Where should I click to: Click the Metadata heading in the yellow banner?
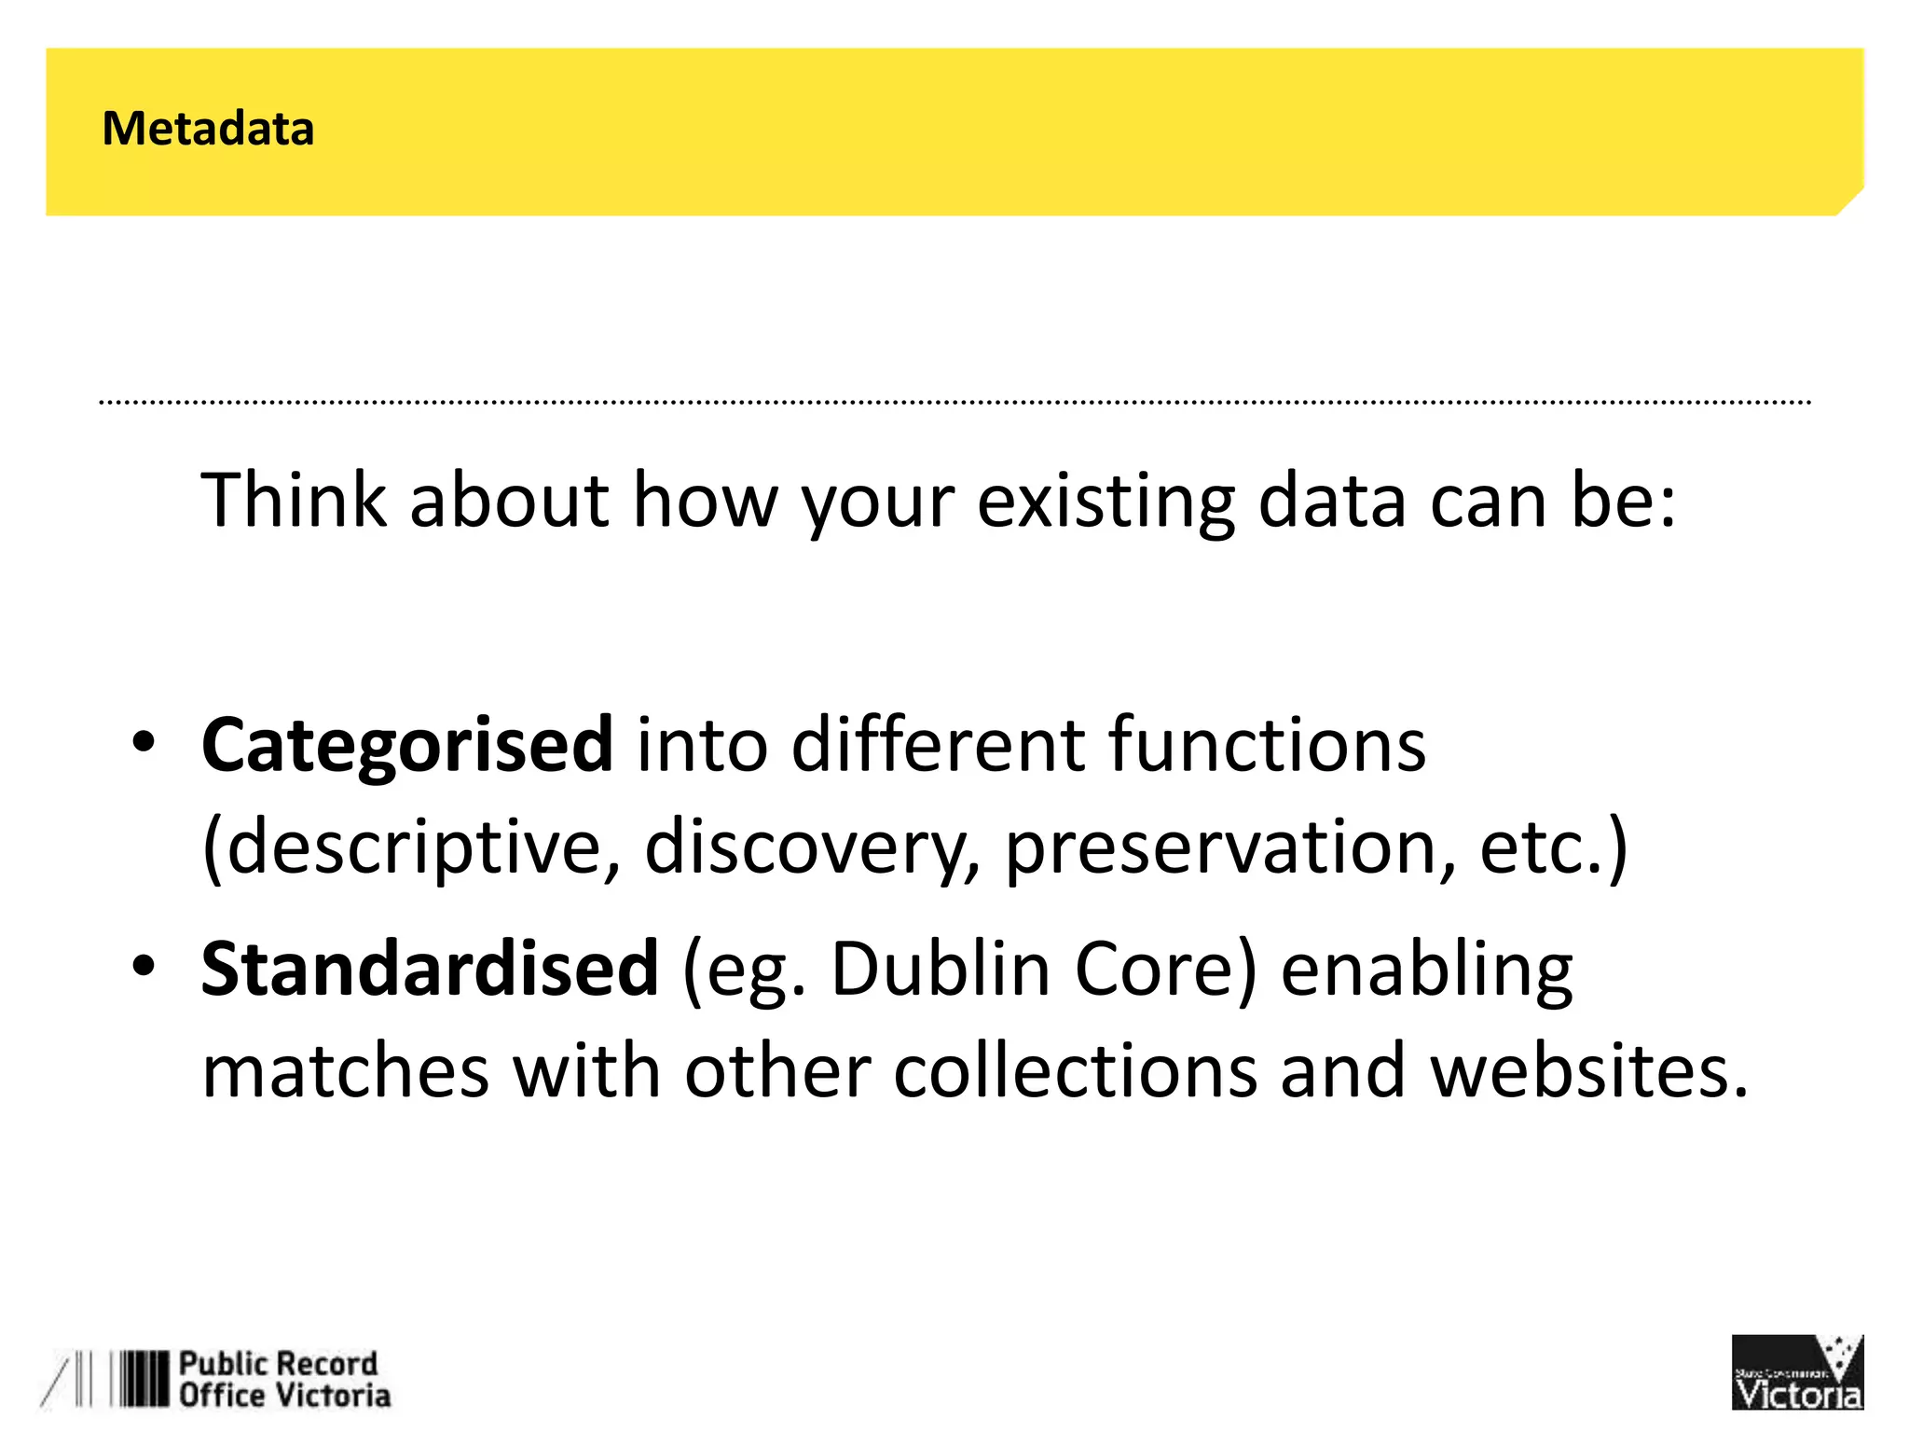click(x=208, y=129)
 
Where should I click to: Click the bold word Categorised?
click(x=407, y=746)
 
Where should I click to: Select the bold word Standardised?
click(x=430, y=970)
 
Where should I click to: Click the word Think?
click(x=294, y=501)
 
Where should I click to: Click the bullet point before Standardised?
click(x=143, y=967)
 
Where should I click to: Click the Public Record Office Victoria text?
click(x=283, y=1380)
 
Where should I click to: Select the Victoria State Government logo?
click(x=1796, y=1372)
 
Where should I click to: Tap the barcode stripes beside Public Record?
click(x=140, y=1379)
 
